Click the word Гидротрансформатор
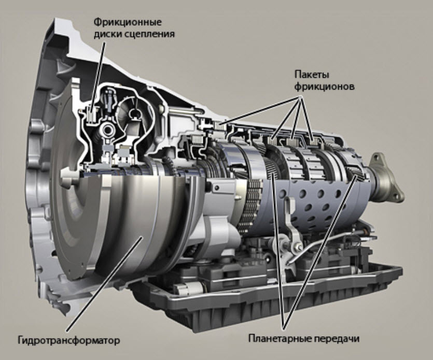click(x=69, y=340)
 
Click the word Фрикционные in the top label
click(x=127, y=22)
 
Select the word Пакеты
click(x=312, y=75)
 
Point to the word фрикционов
click(x=324, y=87)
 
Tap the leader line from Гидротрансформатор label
click(x=104, y=284)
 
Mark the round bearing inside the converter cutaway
click(x=107, y=129)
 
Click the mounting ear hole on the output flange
click(x=375, y=159)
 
